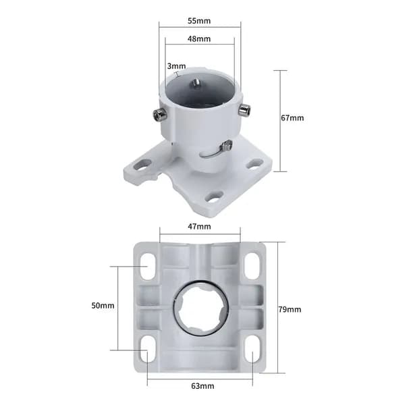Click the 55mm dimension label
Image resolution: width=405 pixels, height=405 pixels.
(199, 21)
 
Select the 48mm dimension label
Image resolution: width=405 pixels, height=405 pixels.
(199, 38)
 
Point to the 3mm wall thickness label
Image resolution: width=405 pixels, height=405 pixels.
(176, 66)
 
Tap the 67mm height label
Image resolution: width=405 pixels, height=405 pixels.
(292, 117)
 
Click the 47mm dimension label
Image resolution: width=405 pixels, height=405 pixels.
(199, 227)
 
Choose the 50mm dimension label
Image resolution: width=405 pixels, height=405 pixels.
(103, 306)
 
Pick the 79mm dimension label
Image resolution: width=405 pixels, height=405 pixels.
(290, 309)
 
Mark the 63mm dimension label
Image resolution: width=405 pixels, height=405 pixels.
(202, 386)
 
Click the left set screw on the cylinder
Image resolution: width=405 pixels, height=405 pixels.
(159, 114)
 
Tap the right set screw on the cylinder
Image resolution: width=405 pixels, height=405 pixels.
(244, 109)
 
